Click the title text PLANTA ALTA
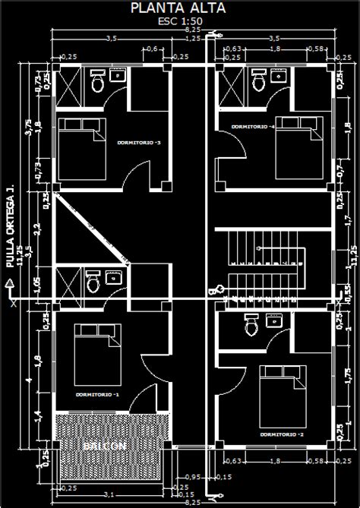pos(180,8)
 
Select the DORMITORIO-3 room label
pos(138,142)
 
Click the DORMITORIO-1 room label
pos(98,396)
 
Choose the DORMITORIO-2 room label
pos(282,434)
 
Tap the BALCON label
pos(105,447)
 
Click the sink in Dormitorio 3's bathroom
pos(118,75)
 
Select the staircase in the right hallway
pos(262,266)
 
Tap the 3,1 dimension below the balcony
pos(110,495)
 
